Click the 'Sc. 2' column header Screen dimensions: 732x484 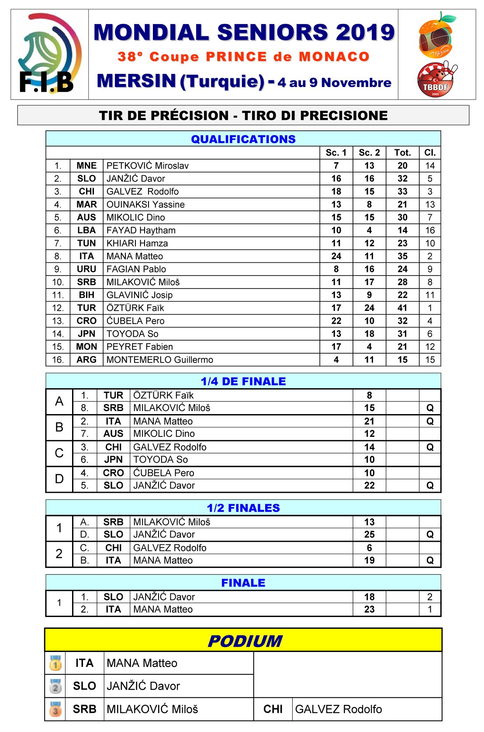tap(369, 153)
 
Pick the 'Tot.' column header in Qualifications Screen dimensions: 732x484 tap(402, 153)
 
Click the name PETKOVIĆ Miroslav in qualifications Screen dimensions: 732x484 tap(148, 166)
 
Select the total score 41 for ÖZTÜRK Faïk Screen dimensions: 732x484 tap(402, 308)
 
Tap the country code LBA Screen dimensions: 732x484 tap(86, 230)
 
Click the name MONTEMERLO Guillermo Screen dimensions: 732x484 tap(160, 360)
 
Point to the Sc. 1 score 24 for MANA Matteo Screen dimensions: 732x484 tap(336, 256)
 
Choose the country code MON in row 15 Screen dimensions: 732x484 tap(86, 347)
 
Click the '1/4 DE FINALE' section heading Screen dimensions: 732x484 tap(243, 381)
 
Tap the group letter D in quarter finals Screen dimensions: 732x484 tap(59, 479)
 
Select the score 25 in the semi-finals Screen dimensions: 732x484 tap(369, 534)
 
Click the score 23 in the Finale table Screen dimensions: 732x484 tap(369, 609)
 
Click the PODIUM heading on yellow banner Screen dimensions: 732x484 tap(245, 641)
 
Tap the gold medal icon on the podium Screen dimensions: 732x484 tap(55, 663)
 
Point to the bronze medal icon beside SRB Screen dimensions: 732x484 tap(55, 709)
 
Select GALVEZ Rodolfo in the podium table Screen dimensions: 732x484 tap(339, 709)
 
